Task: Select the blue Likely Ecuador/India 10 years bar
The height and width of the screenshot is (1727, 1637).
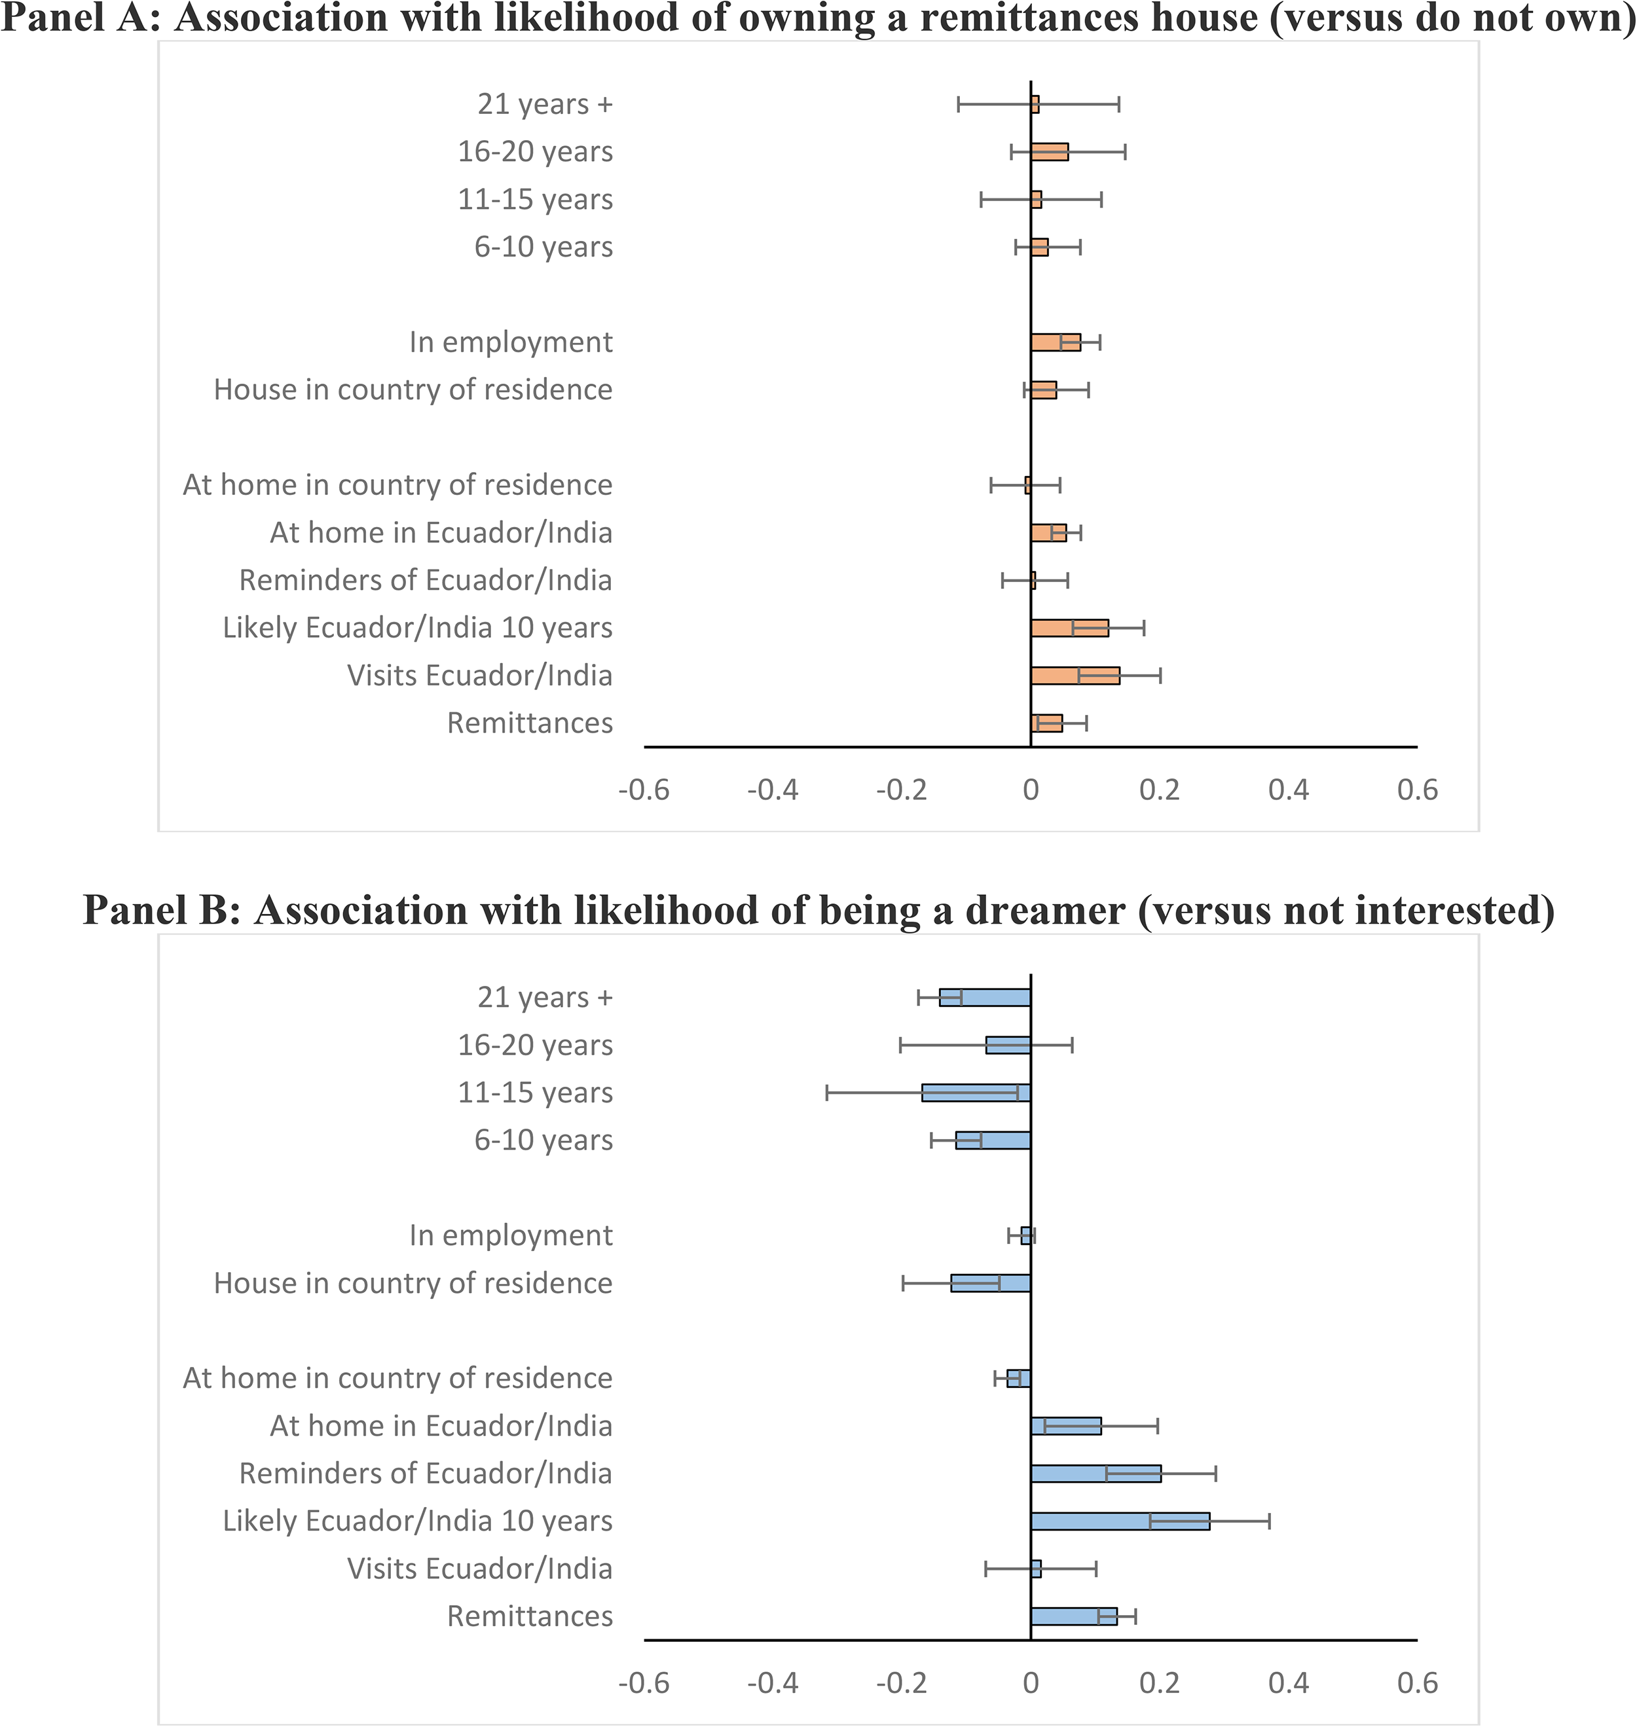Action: (1120, 1521)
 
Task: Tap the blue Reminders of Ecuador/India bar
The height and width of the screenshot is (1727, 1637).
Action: (1096, 1473)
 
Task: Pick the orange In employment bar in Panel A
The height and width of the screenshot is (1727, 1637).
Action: (1056, 342)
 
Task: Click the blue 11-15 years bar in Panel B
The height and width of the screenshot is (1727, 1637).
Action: (976, 1093)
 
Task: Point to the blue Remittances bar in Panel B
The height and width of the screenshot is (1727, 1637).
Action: (1074, 1616)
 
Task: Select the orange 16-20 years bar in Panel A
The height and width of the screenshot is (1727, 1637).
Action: (1050, 152)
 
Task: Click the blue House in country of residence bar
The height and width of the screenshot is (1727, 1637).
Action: (991, 1283)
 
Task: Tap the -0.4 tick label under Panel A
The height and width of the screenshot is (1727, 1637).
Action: (772, 790)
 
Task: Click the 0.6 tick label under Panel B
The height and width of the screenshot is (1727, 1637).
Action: (1417, 1682)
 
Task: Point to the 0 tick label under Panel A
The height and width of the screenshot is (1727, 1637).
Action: (1031, 790)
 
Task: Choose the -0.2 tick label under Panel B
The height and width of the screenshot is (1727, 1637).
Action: (902, 1682)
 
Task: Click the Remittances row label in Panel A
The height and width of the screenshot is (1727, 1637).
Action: (530, 723)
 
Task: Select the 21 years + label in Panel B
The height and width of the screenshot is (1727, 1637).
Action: (545, 997)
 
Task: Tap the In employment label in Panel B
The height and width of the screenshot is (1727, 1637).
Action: (511, 1236)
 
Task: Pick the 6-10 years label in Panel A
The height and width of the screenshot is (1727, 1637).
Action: (543, 247)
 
